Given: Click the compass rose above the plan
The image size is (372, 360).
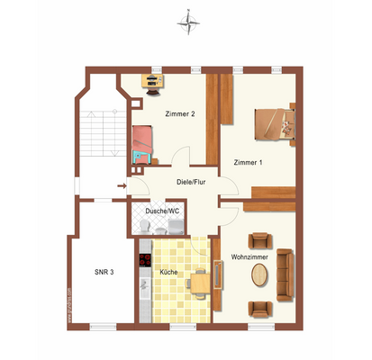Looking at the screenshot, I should pos(188,19).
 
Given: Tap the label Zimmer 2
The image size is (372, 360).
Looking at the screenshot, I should pos(180,114).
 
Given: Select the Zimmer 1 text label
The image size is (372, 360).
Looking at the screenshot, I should pos(248,162).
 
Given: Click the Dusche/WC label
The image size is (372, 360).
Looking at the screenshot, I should pos(162,211).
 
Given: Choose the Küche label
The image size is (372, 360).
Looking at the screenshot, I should pos(168,272).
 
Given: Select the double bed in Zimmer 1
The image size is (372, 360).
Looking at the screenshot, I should pos(274,123).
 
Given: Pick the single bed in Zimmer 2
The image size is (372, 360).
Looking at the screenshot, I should pos(141,142).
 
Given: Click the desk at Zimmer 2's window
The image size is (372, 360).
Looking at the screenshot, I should pos(154,81).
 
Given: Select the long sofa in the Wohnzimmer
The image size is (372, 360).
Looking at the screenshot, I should pos(285,274).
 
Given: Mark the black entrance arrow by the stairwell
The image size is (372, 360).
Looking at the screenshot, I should pos(121,187).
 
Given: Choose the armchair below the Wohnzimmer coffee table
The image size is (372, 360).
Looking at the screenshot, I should pos(259,309).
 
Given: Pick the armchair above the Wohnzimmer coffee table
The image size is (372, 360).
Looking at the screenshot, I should pos(259,241).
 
